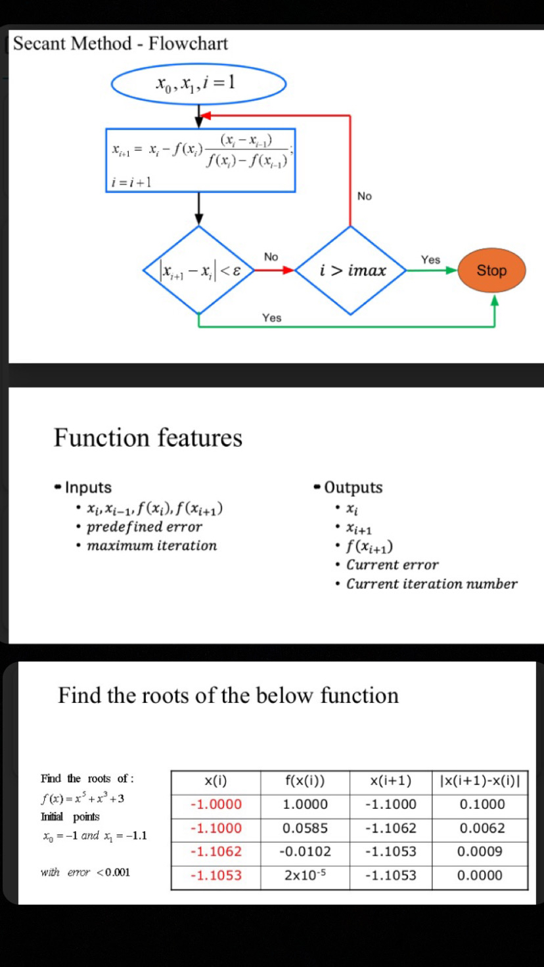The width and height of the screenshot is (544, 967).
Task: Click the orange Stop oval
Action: click(x=491, y=270)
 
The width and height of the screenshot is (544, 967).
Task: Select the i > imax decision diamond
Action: click(x=351, y=270)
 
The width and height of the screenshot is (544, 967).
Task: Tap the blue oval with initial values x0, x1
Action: click(x=198, y=83)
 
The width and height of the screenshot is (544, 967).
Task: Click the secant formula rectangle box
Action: click(x=200, y=160)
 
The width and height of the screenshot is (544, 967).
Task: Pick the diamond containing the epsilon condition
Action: click(x=199, y=270)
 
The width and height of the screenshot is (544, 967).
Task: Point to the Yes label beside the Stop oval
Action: click(x=430, y=259)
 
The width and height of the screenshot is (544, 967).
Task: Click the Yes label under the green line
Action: click(x=271, y=318)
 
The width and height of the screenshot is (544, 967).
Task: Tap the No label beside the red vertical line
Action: click(x=365, y=196)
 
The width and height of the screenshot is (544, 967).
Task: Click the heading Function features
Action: click(x=148, y=438)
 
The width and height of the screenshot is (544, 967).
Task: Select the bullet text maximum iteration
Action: click(x=152, y=545)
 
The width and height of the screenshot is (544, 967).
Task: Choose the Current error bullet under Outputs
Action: click(x=392, y=564)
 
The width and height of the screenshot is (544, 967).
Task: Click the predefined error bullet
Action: click(x=145, y=526)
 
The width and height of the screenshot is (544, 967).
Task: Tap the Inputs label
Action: click(x=88, y=487)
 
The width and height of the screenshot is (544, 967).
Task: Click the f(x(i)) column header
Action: click(x=305, y=781)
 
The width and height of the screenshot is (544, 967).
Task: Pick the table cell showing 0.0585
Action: click(x=305, y=828)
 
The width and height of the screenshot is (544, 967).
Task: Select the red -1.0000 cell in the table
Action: click(x=215, y=804)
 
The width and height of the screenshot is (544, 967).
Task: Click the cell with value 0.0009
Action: click(x=482, y=851)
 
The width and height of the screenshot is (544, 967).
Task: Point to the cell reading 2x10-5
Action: click(x=305, y=875)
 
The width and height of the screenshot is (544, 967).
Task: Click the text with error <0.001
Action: click(x=85, y=872)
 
